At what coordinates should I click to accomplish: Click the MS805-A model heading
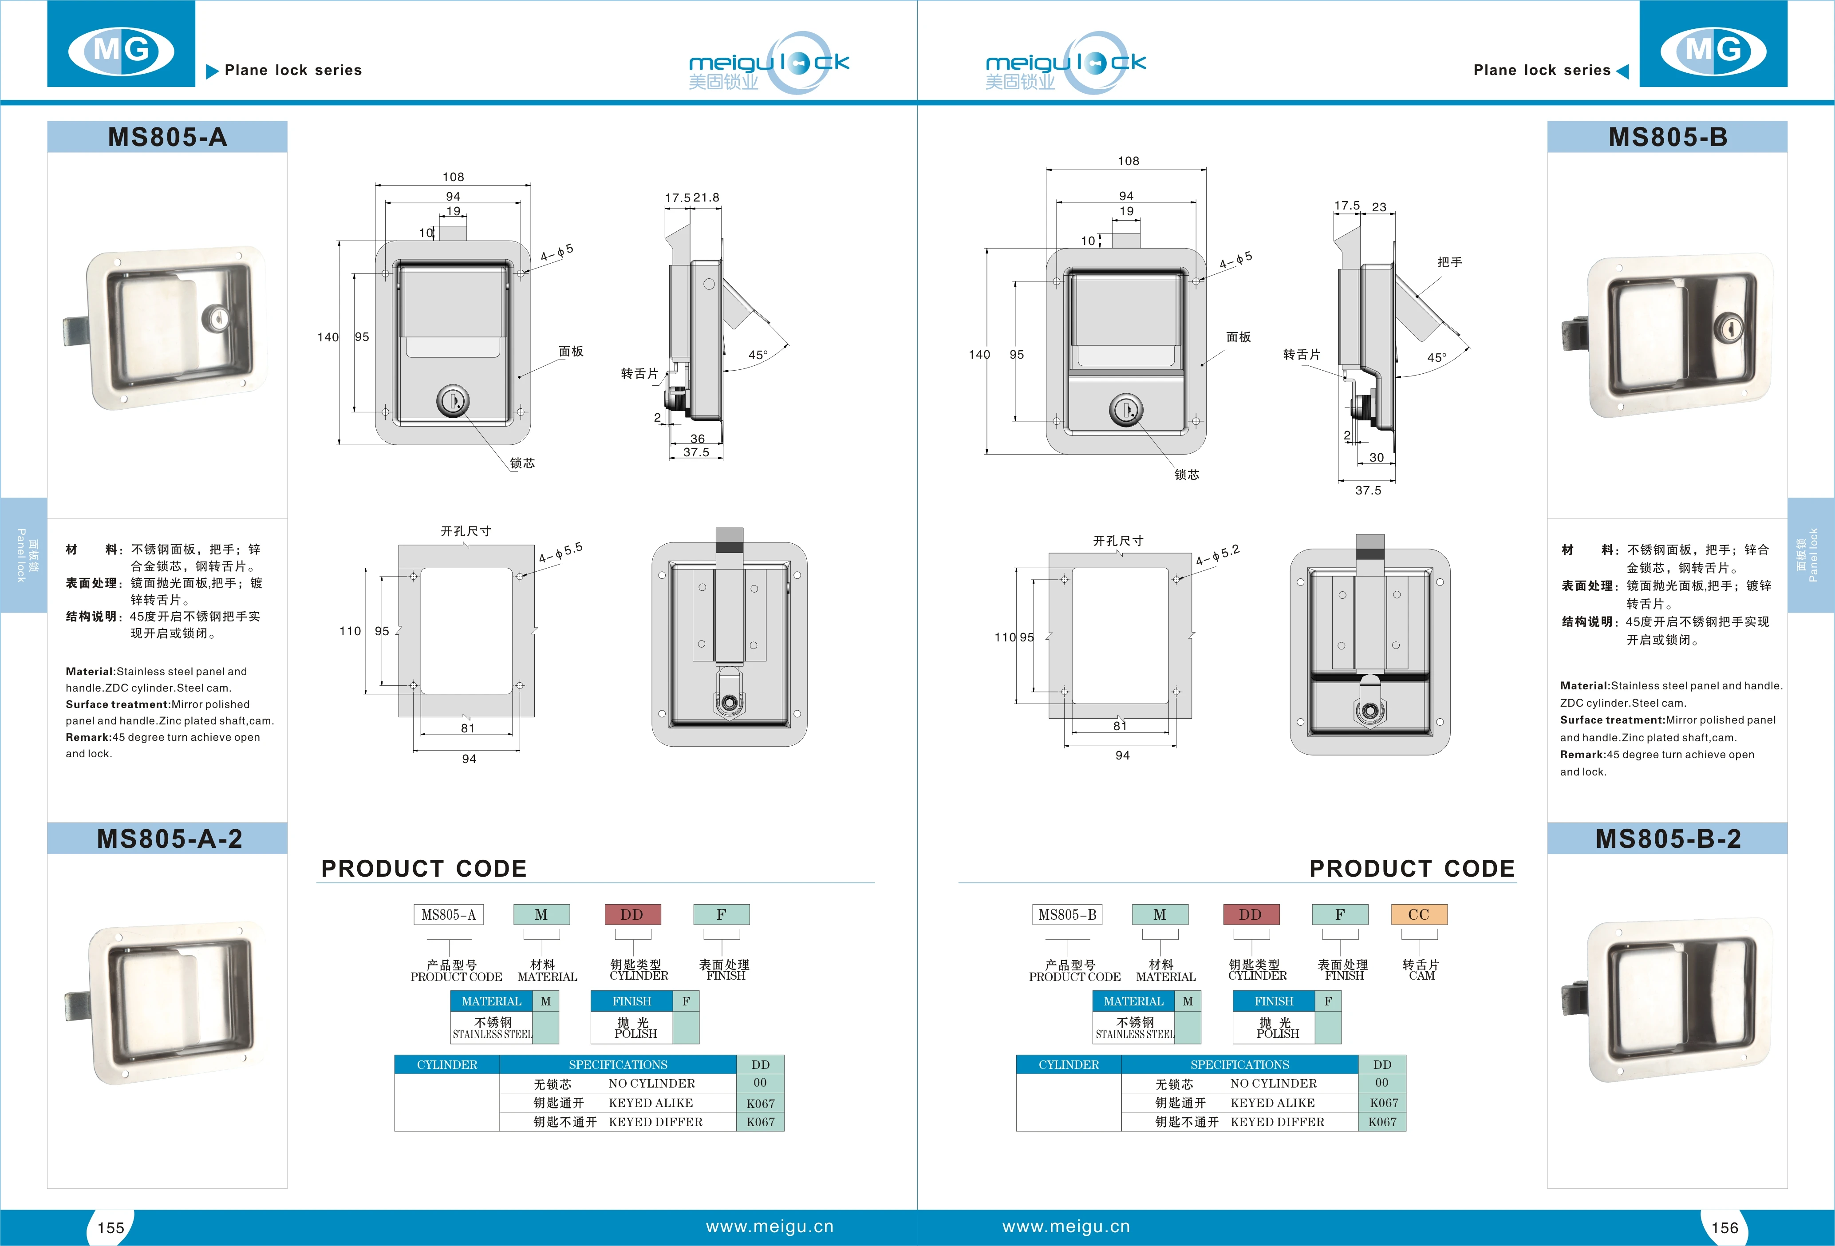point(167,138)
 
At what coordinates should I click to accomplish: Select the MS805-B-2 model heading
point(1668,839)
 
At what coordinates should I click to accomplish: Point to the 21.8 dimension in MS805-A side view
point(706,198)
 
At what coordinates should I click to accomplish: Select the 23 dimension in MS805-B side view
point(1379,207)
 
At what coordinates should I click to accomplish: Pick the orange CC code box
point(1418,914)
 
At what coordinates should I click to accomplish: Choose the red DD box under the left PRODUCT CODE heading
point(631,914)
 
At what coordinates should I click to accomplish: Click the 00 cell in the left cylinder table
point(760,1083)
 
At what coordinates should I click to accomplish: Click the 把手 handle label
point(1450,262)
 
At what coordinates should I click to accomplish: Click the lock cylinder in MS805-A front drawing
point(453,401)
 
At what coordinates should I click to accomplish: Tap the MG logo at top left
point(121,51)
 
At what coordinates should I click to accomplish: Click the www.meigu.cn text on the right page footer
point(1066,1226)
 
